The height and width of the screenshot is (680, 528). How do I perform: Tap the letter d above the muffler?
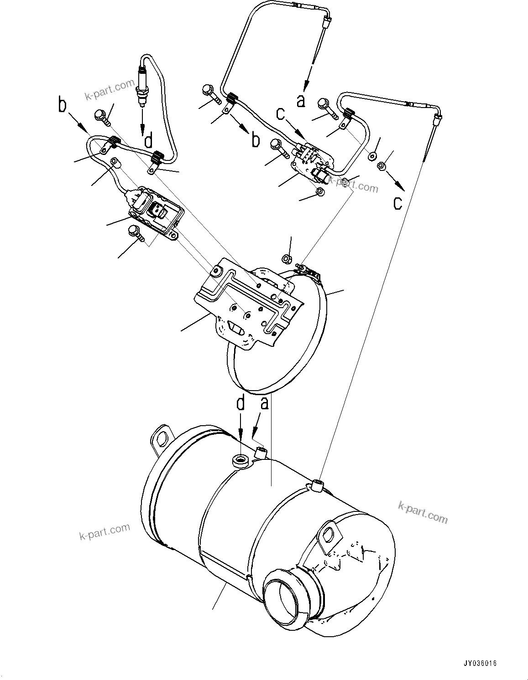240,404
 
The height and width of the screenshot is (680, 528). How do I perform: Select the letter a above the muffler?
265,404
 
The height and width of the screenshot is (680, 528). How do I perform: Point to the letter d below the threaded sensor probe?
148,141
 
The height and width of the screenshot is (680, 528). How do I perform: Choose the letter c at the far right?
397,202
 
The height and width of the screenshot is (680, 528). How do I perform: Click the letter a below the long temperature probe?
300,100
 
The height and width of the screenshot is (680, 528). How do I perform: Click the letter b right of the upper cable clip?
256,140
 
